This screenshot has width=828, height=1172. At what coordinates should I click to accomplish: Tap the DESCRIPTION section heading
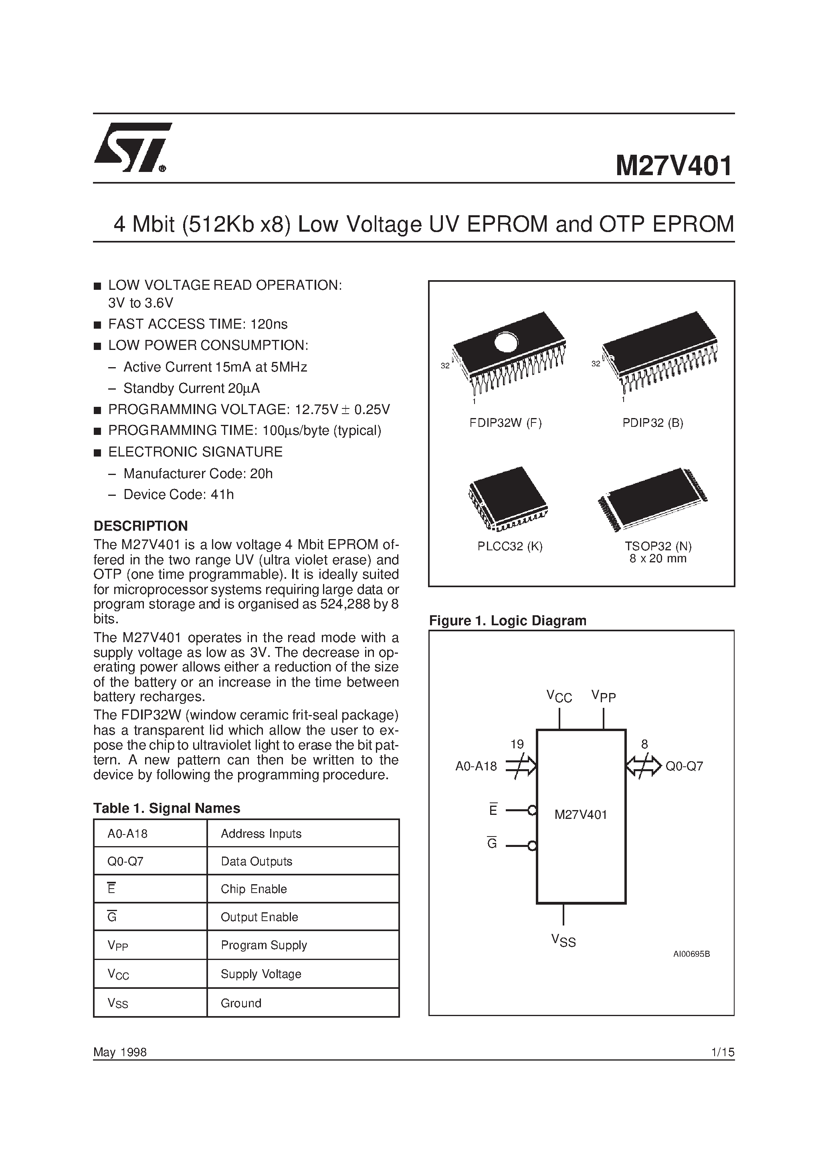[140, 526]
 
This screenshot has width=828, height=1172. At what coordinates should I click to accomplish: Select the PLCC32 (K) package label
[509, 546]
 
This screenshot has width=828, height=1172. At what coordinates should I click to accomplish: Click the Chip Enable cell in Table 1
[254, 889]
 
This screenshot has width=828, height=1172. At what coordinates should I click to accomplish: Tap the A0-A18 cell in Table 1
[127, 834]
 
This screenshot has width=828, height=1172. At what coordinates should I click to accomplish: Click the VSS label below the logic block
[563, 940]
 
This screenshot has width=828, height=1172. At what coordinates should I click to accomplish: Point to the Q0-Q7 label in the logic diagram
[684, 766]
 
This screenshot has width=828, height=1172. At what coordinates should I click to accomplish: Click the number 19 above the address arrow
[517, 744]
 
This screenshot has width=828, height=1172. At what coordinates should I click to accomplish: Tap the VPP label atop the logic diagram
[604, 696]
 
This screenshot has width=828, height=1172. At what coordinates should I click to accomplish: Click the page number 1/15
[722, 1052]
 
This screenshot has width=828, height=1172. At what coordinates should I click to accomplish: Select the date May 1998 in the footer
[120, 1052]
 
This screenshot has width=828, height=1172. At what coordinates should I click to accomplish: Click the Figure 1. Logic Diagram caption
[507, 621]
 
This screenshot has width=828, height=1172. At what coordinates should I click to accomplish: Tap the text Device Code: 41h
[179, 495]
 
